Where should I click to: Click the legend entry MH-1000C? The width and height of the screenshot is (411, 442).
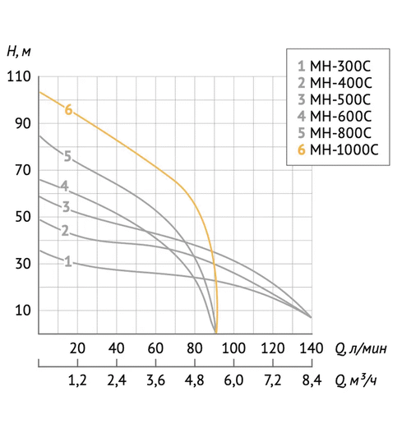tap(337, 150)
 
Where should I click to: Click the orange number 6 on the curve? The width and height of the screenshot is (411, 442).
tap(68, 109)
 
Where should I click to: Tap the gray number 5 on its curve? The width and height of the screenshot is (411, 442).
tap(67, 155)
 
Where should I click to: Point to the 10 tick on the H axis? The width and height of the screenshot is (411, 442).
tap(22, 311)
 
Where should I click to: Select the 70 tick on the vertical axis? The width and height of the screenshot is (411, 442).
tap(22, 170)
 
